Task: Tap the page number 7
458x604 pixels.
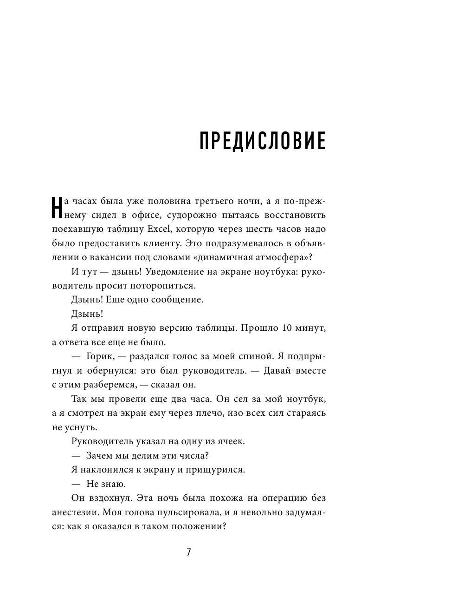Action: (189, 552)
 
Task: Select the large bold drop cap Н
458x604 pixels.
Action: (55, 207)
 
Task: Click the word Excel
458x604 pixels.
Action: (160, 229)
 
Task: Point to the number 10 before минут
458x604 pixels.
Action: (286, 328)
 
